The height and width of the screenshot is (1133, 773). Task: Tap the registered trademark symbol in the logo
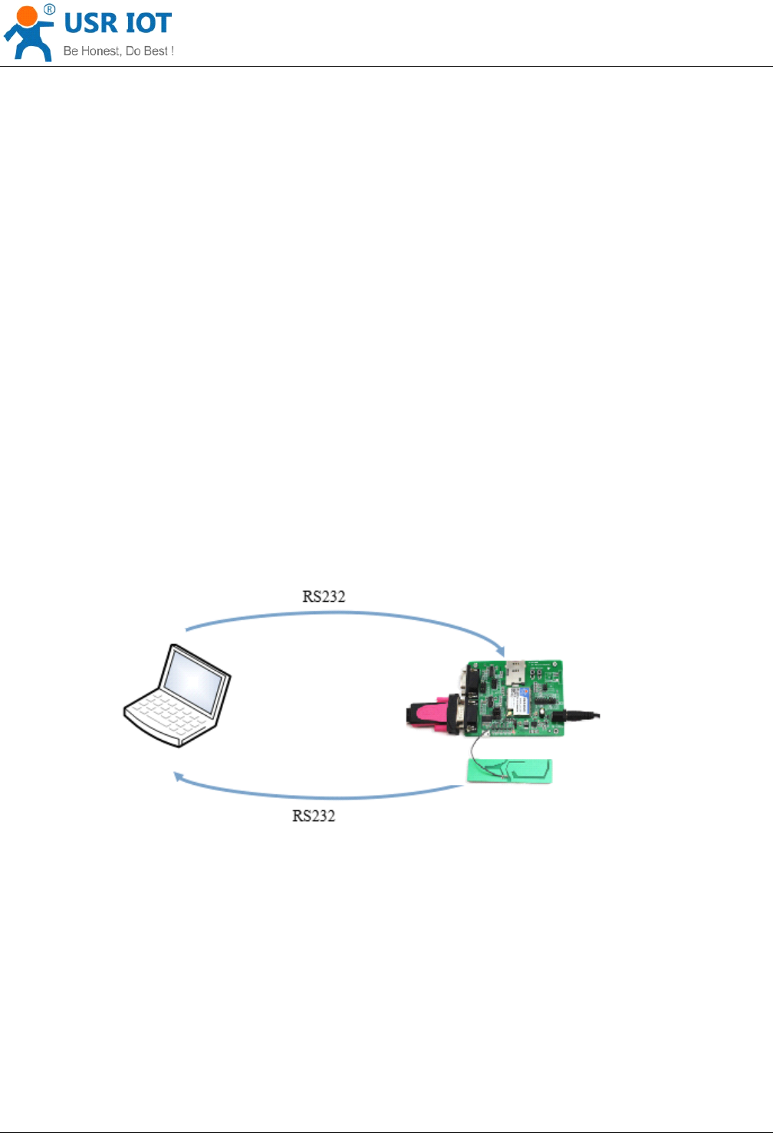49,9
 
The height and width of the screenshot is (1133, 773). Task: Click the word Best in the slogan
156,51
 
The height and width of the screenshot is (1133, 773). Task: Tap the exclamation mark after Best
173,51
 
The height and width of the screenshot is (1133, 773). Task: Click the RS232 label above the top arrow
324,596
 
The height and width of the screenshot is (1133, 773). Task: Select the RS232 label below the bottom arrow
314,816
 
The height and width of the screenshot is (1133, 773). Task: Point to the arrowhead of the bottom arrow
178,777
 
